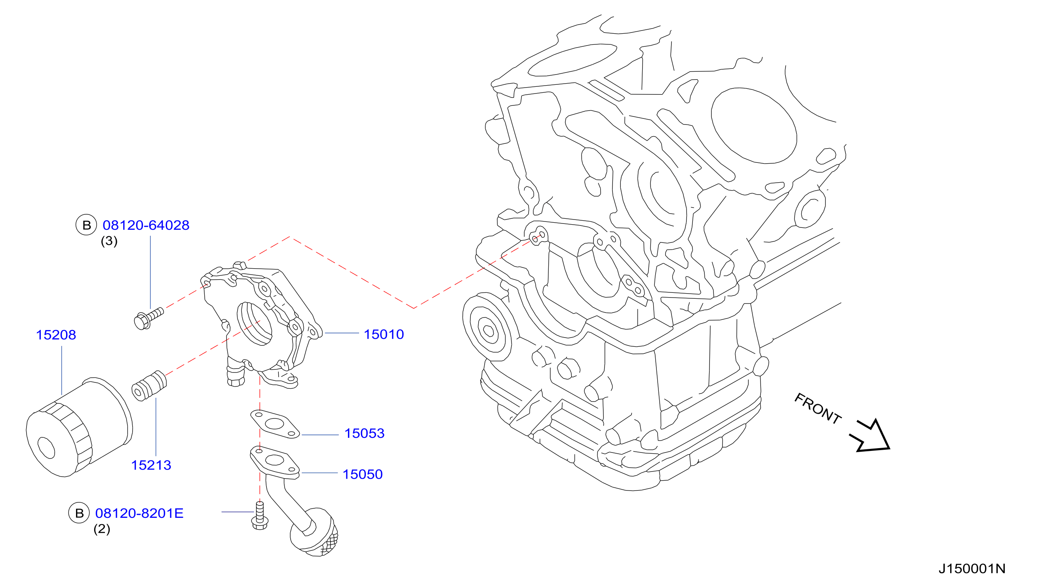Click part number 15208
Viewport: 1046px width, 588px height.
click(x=56, y=335)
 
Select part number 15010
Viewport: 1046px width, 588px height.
click(x=384, y=334)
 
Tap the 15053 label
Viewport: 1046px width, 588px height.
click(x=364, y=433)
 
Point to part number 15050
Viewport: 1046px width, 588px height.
click(x=363, y=474)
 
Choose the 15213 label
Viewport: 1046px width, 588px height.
click(x=151, y=465)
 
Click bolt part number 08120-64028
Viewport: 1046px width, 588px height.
click(x=146, y=225)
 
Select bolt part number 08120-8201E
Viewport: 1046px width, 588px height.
click(x=139, y=513)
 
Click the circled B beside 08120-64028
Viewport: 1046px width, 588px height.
click(x=86, y=225)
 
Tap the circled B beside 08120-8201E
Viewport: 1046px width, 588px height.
click(x=79, y=513)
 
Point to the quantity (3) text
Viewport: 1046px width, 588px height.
click(x=109, y=241)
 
